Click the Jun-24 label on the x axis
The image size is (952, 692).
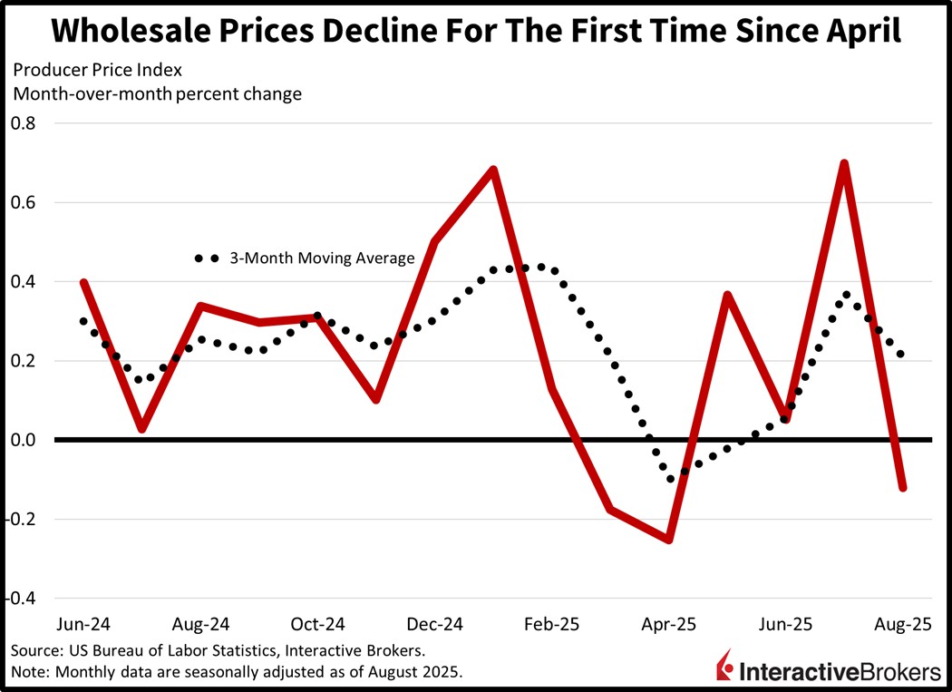point(84,625)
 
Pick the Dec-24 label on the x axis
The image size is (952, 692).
point(435,625)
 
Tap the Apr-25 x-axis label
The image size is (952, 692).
point(669,625)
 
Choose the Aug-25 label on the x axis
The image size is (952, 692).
point(902,625)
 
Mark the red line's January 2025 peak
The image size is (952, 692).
point(493,170)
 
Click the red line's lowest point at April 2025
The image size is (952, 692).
point(669,540)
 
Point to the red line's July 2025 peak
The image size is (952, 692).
point(844,164)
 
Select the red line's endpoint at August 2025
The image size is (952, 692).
point(902,488)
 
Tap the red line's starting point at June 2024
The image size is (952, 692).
point(84,282)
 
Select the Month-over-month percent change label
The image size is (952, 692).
point(156,93)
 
